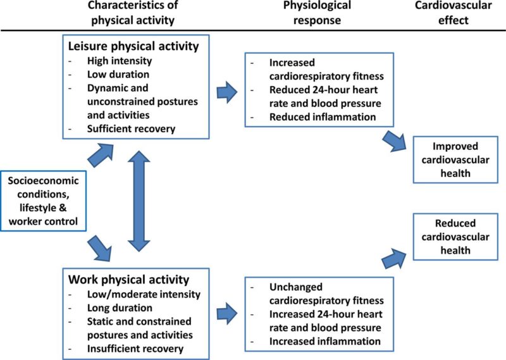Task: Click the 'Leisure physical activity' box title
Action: point(133,46)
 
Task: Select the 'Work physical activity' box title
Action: point(128,279)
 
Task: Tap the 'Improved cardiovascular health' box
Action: point(455,159)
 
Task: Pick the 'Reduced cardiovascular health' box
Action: point(455,237)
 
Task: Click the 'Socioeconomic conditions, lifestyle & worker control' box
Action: point(43,201)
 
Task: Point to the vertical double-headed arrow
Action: point(139,201)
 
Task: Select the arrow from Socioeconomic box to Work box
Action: point(100,248)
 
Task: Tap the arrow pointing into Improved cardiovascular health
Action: point(394,141)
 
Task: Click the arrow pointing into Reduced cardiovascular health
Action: point(394,258)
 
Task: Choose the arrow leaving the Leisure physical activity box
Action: point(227,92)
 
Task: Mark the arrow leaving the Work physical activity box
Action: point(227,313)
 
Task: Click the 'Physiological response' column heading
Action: point(317,13)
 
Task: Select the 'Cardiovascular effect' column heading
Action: point(453,13)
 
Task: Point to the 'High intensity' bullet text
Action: point(120,61)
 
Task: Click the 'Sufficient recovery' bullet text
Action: point(131,128)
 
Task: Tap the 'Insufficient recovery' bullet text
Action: point(135,349)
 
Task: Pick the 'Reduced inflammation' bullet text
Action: point(323,116)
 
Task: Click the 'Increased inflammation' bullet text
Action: point(325,341)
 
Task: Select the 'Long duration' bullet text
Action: point(120,307)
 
